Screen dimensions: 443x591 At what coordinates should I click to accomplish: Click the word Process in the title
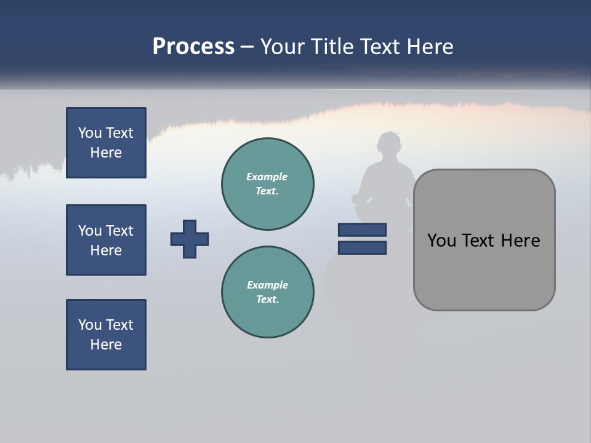(x=193, y=47)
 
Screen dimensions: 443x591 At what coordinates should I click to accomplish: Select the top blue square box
(x=106, y=143)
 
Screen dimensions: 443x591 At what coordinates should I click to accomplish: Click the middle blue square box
(x=106, y=240)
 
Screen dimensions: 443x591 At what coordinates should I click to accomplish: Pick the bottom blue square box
(x=106, y=335)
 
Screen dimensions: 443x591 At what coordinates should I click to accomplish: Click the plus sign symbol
(x=190, y=239)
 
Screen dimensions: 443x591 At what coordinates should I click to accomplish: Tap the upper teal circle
(x=268, y=184)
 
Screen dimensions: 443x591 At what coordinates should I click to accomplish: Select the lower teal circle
(x=268, y=292)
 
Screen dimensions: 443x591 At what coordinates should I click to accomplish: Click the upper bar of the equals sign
(x=362, y=229)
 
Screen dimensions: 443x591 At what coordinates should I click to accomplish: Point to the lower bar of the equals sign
(x=362, y=247)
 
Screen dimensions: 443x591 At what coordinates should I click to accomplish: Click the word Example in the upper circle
(x=267, y=177)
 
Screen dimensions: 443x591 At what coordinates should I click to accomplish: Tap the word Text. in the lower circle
(x=267, y=300)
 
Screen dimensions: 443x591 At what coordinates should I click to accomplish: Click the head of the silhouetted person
(x=389, y=145)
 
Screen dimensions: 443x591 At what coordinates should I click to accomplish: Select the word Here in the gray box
(x=520, y=241)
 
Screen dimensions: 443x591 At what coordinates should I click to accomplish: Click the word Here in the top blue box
(x=106, y=153)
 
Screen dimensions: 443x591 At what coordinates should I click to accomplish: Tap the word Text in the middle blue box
(x=119, y=231)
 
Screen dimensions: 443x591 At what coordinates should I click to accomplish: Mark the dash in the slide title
(x=247, y=47)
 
